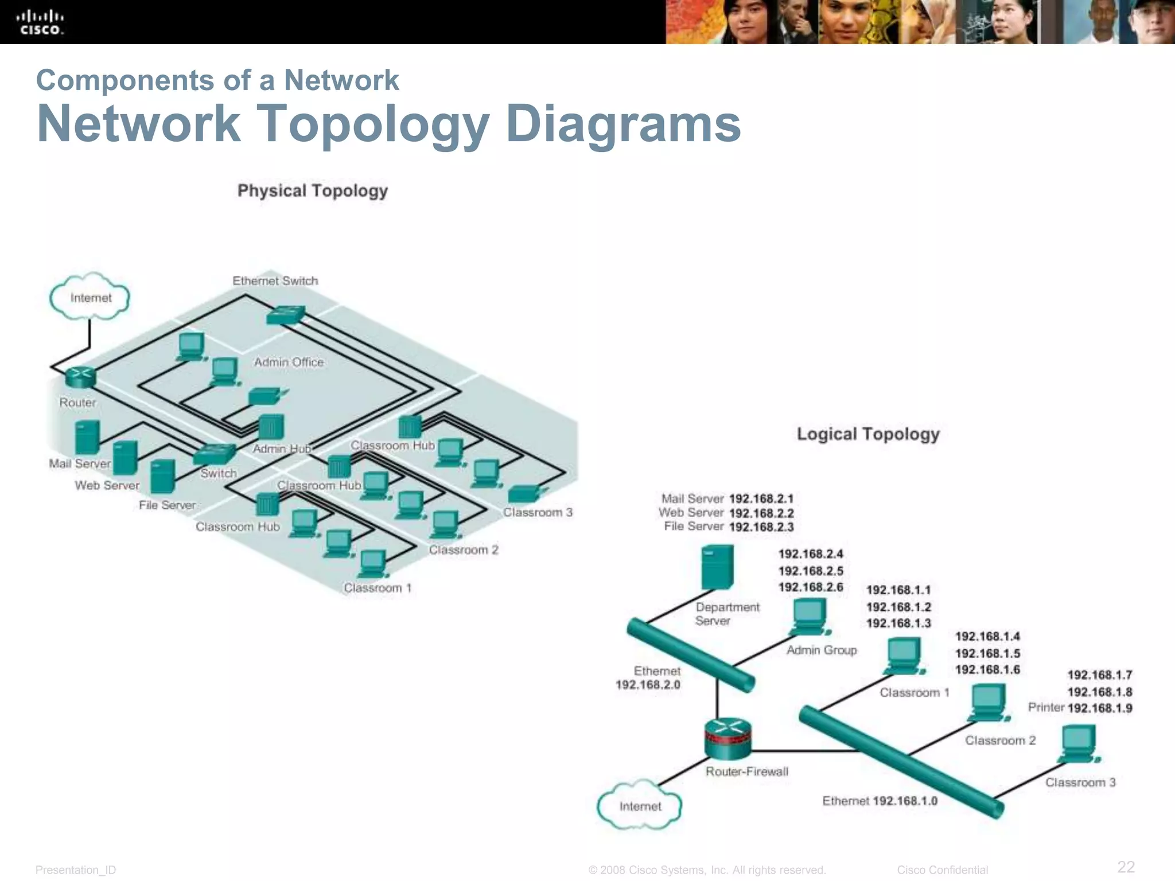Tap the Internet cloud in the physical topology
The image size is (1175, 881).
[90, 298]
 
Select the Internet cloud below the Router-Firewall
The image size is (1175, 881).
[640, 806]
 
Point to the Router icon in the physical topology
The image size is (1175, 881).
[80, 377]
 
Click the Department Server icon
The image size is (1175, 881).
[717, 567]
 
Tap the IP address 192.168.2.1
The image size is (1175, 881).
[761, 499]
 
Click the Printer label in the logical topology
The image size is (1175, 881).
[1046, 707]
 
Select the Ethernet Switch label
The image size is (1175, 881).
[275, 280]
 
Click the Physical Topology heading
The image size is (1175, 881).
[313, 190]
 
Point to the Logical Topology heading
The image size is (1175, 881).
[868, 434]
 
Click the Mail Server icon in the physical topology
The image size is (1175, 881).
[87, 437]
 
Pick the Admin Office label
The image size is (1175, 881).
[289, 362]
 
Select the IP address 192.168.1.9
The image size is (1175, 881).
[1099, 708]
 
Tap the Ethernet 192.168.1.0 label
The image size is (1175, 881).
[880, 801]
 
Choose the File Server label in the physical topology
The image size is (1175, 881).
[167, 505]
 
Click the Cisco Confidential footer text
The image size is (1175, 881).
[942, 870]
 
